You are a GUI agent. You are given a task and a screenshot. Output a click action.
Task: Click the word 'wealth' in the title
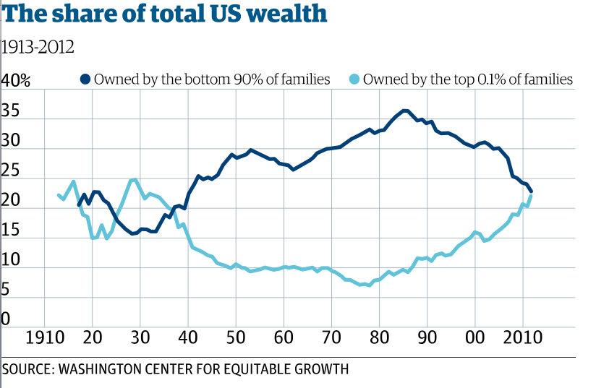[x=286, y=14]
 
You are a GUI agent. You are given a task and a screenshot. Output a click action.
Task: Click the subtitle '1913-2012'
[x=38, y=48]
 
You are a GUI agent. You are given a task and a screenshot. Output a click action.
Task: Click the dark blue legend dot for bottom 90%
[x=85, y=79]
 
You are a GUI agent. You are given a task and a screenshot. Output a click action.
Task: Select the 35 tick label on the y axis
[x=12, y=113]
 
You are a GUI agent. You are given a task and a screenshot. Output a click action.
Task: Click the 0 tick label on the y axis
[x=8, y=318]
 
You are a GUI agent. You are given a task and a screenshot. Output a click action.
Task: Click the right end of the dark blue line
[x=532, y=191]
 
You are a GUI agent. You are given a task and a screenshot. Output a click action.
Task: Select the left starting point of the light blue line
[x=59, y=195]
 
